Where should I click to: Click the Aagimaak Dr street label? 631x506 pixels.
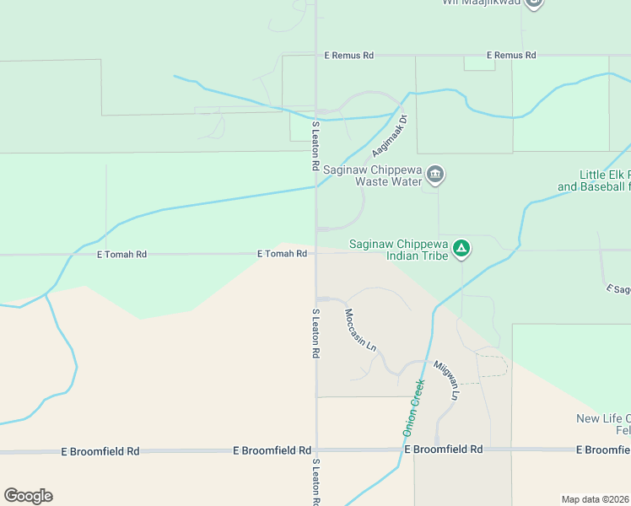click(387, 135)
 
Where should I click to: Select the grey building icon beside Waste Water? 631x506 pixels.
click(435, 175)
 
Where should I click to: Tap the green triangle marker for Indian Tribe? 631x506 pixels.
click(461, 248)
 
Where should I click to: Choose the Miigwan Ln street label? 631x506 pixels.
click(447, 380)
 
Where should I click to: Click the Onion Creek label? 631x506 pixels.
click(413, 406)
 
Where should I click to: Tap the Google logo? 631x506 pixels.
click(28, 496)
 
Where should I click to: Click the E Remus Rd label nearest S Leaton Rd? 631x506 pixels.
click(349, 56)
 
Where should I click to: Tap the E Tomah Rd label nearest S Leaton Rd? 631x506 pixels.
click(282, 254)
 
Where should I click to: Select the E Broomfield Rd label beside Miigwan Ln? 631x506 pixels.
click(443, 450)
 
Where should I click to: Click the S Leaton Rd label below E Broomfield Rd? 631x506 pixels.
click(315, 483)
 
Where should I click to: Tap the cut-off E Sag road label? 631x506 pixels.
click(618, 289)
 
